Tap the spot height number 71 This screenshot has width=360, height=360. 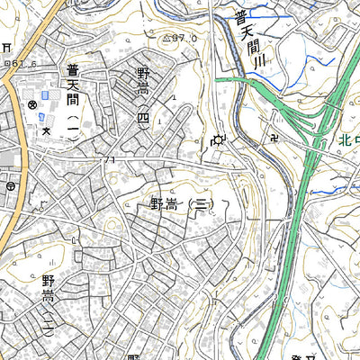(x=112, y=160)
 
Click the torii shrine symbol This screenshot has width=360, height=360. (x=7, y=47)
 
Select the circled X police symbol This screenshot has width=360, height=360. (x=32, y=105)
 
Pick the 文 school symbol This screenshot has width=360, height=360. (x=46, y=130)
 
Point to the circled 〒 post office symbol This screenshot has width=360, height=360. (x=9, y=186)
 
